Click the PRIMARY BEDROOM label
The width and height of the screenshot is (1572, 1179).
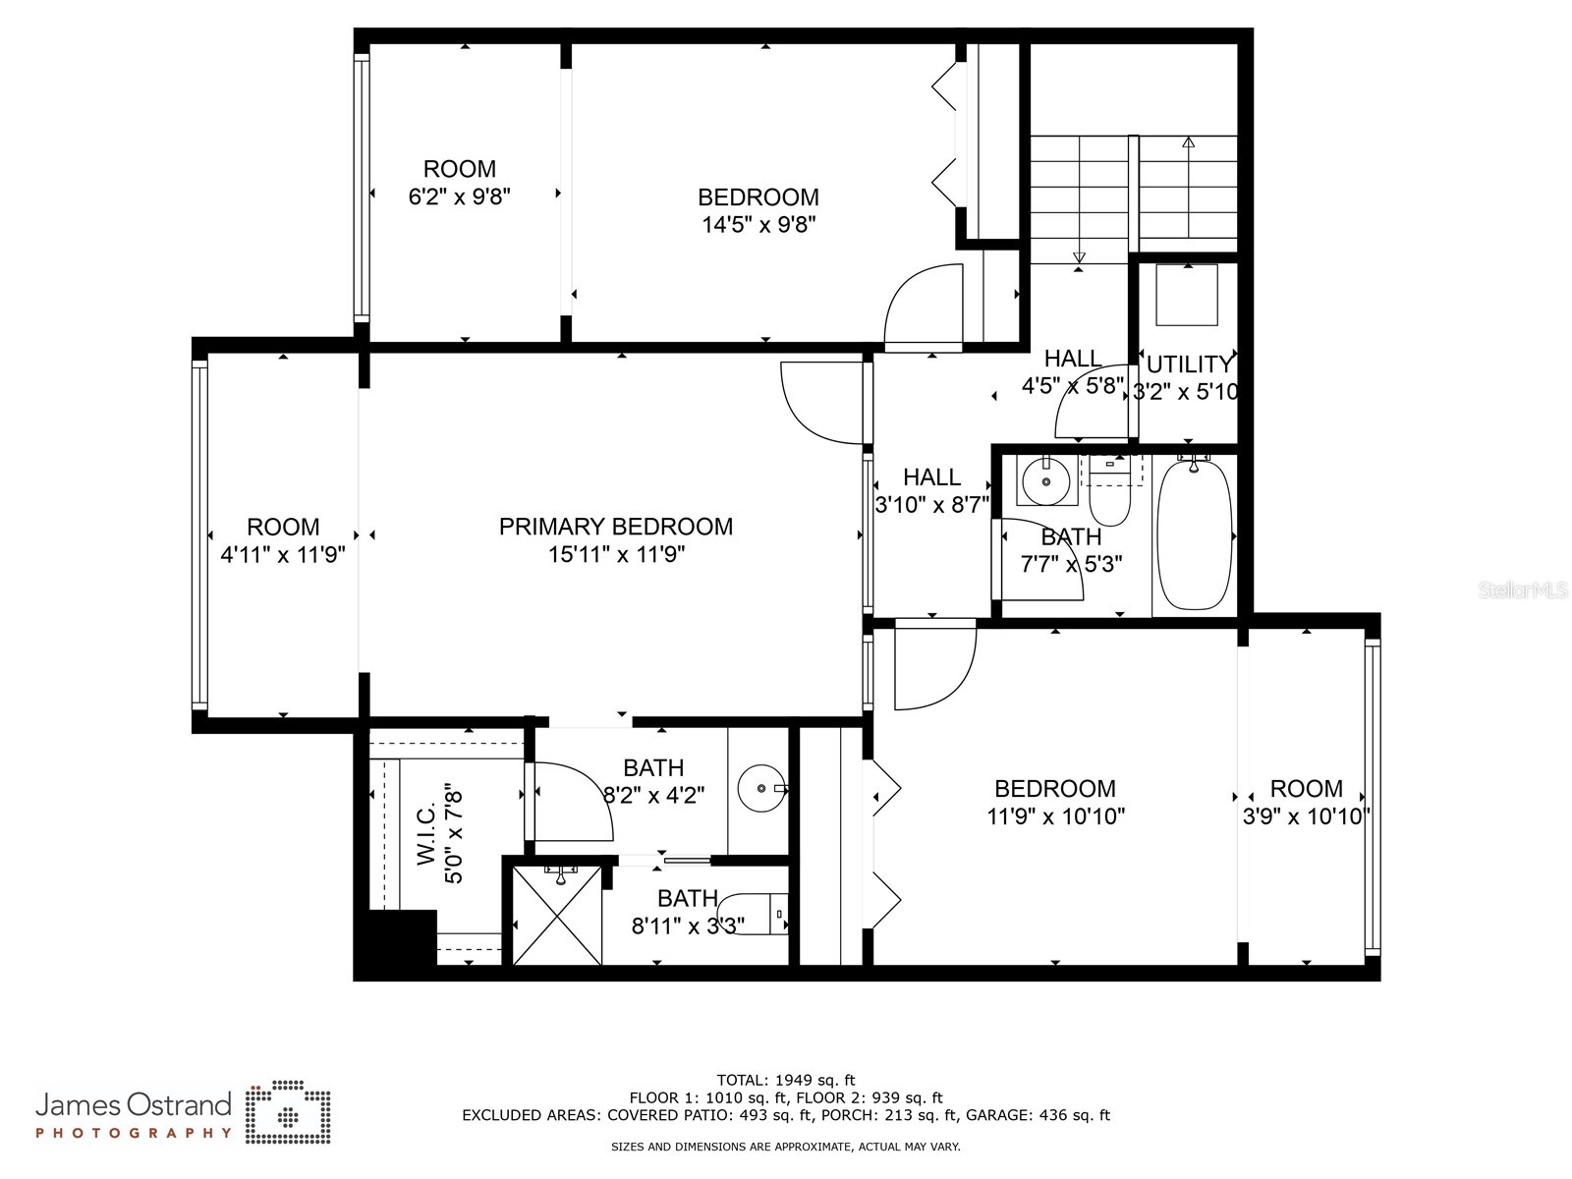[x=616, y=527]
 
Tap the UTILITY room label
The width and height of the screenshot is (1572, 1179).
[x=1189, y=365]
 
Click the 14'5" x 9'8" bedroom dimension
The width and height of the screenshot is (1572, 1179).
[x=758, y=225]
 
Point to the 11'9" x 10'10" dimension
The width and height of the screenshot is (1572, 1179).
[x=1055, y=816]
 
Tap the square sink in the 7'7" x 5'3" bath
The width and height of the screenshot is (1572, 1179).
[x=1044, y=480]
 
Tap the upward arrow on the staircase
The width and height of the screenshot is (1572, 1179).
[x=1188, y=143]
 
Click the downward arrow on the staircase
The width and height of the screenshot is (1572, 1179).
[x=1079, y=258]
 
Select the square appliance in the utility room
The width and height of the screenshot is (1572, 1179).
[x=1186, y=295]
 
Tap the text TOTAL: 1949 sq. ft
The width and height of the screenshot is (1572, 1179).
[x=786, y=1081]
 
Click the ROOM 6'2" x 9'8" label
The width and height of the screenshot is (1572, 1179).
[x=459, y=183]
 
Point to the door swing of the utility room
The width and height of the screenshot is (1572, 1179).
[x=1089, y=411]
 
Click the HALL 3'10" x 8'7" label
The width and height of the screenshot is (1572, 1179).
[x=931, y=490]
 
